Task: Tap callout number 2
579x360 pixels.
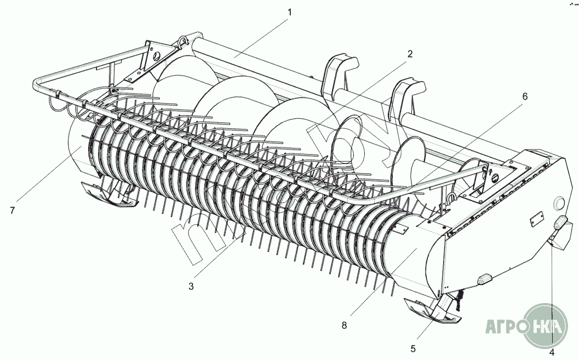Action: tap(409, 54)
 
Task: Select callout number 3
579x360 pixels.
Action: tap(191, 286)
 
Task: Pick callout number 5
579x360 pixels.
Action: tap(414, 348)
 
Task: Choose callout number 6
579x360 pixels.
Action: tap(524, 96)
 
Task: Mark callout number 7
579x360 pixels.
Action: tap(12, 210)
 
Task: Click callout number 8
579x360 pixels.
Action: tap(344, 325)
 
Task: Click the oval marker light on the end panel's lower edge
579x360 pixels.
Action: tap(484, 279)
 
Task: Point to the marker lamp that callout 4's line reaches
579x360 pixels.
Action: tap(561, 224)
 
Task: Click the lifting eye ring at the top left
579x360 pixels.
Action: tap(182, 41)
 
